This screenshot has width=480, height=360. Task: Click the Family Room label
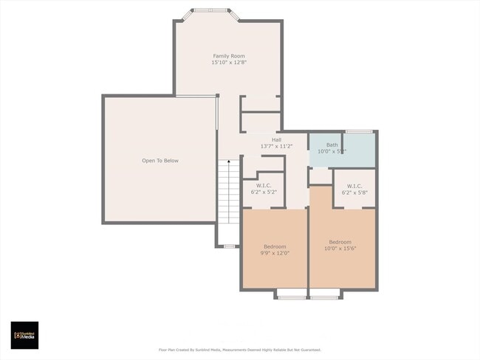tap(229, 56)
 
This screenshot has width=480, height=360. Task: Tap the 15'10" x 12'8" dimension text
tap(229, 63)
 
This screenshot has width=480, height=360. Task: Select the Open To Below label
tap(160, 160)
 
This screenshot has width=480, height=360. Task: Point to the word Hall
tap(276, 139)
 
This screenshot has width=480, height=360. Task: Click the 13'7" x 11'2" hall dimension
tap(276, 146)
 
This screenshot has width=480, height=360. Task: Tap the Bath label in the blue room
tap(332, 145)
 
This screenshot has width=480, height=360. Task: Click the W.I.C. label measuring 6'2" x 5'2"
tap(264, 185)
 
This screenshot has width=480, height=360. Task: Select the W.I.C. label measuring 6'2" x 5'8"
tap(354, 185)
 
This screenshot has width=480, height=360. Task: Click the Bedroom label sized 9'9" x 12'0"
tap(275, 246)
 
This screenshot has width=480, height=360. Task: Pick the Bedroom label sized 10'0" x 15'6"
tap(340, 242)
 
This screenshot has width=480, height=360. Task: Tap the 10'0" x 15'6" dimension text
tap(340, 249)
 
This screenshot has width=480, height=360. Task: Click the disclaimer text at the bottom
tap(240, 350)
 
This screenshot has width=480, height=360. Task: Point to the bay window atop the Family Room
tap(211, 11)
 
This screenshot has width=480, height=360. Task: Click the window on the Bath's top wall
tap(359, 131)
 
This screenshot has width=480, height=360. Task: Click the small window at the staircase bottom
tap(229, 246)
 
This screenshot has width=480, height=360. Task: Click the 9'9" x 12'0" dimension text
tap(275, 253)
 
